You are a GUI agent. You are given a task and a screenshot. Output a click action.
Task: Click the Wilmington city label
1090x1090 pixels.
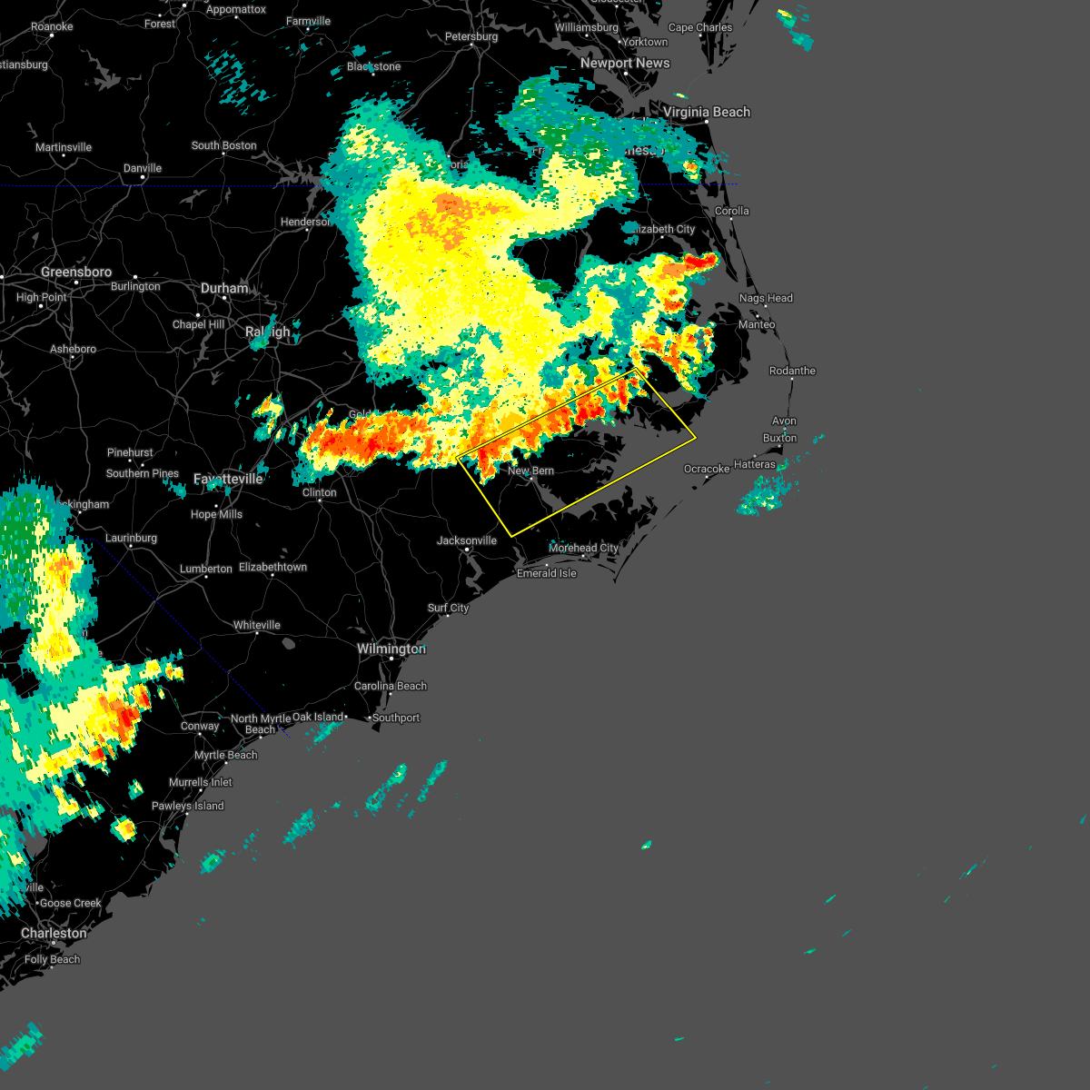coord(391,649)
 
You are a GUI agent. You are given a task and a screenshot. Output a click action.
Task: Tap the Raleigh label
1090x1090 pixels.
coord(267,332)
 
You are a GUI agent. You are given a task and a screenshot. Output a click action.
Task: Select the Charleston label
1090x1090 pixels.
coord(54,933)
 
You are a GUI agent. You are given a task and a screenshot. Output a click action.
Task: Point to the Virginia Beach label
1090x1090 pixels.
coord(707,112)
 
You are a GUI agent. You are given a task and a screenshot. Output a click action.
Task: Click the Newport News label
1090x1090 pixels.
coord(625,63)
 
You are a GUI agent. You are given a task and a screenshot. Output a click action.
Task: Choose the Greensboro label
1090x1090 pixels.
coord(76,272)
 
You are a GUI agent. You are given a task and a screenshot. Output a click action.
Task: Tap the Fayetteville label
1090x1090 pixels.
coord(228,479)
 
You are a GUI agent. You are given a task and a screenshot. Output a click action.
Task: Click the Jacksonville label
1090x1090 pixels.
coord(467,540)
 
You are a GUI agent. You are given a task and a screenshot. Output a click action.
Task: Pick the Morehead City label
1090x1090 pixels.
coord(583,548)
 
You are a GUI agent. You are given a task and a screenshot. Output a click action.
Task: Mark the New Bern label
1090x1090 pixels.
coord(530,471)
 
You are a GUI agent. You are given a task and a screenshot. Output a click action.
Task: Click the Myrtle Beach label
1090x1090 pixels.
coord(226,755)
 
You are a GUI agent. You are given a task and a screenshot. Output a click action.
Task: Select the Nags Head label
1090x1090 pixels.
coord(766,298)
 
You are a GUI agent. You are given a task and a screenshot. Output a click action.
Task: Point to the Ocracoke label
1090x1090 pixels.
coord(707,469)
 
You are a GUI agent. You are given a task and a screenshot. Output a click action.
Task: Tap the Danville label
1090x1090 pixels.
coord(143,168)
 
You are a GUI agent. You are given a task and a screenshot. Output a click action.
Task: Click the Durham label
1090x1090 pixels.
coord(224,288)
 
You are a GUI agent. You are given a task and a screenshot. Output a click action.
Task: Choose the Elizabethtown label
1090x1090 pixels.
coord(272,567)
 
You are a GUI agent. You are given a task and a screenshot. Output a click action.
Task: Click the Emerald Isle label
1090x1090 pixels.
coord(547,573)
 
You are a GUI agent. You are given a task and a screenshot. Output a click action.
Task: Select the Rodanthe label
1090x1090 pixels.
coord(792,371)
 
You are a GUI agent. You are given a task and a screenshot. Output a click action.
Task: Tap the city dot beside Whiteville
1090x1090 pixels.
coord(257,634)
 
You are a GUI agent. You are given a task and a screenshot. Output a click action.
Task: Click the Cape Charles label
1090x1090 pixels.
coord(700,27)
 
